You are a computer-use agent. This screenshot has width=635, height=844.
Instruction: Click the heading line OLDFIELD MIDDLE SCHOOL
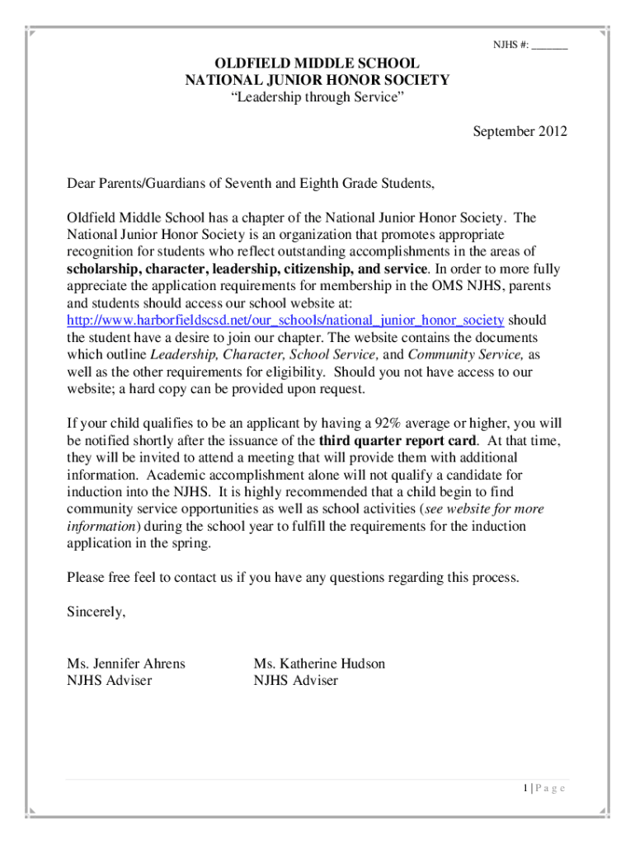(317, 63)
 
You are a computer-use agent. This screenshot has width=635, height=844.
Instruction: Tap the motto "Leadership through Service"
(317, 98)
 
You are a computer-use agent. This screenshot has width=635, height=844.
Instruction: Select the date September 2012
(520, 131)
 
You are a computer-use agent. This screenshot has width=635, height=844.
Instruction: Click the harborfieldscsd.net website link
(285, 320)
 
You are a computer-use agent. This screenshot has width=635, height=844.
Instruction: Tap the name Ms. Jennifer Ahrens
(126, 663)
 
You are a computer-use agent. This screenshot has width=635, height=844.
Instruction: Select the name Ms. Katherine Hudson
(319, 663)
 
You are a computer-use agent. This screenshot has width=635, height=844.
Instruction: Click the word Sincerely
(96, 612)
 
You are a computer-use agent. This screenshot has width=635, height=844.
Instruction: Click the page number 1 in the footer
(524, 789)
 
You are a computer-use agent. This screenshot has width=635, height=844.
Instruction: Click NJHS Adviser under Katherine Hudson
(296, 681)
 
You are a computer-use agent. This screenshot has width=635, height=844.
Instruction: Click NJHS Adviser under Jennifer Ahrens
(109, 681)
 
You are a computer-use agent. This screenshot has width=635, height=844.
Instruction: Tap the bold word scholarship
(103, 269)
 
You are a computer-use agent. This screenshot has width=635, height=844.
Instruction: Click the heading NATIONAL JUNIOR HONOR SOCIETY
(317, 81)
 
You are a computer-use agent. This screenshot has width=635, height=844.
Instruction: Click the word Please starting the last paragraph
(86, 578)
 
